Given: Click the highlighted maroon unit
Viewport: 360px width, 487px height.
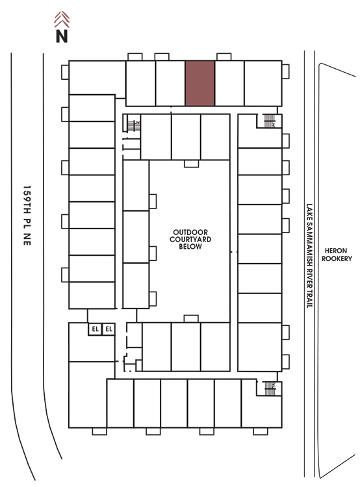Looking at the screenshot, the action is coord(200,83).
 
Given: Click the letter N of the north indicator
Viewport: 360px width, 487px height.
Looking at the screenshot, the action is coord(62,36).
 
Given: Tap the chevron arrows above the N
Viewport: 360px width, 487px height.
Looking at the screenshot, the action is coord(62,19).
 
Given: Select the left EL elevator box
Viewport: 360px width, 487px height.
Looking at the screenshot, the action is coord(95,329).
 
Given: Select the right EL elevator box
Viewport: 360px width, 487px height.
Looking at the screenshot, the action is coord(109,329).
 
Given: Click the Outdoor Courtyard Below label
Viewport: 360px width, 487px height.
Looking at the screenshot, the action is coord(190,239).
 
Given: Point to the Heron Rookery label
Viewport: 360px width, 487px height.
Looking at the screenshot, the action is coord(337,255).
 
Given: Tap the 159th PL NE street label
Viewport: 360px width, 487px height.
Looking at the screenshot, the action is coord(27,216).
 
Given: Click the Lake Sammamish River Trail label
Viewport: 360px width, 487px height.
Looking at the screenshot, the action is coord(309,256).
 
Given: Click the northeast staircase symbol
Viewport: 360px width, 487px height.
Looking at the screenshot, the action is coord(269,121).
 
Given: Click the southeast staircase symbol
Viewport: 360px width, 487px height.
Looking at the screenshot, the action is coord(270,388).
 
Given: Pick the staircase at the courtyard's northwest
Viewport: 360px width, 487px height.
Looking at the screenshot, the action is coord(133,126).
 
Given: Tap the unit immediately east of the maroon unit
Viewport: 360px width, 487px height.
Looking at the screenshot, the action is coord(229,83).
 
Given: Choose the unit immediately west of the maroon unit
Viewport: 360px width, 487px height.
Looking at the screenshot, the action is coord(170,83).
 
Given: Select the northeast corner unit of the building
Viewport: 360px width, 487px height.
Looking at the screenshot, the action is coord(263,83).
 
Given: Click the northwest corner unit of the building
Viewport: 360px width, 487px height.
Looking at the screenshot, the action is coord(97,78).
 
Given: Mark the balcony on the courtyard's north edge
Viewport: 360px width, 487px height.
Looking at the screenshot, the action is coord(191,164).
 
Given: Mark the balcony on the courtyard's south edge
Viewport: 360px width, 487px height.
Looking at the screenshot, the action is coord(191,319).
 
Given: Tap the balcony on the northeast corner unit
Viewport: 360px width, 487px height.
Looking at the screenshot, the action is coord(285,71).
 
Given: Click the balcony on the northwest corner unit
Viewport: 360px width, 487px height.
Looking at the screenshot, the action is coord(65,72).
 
